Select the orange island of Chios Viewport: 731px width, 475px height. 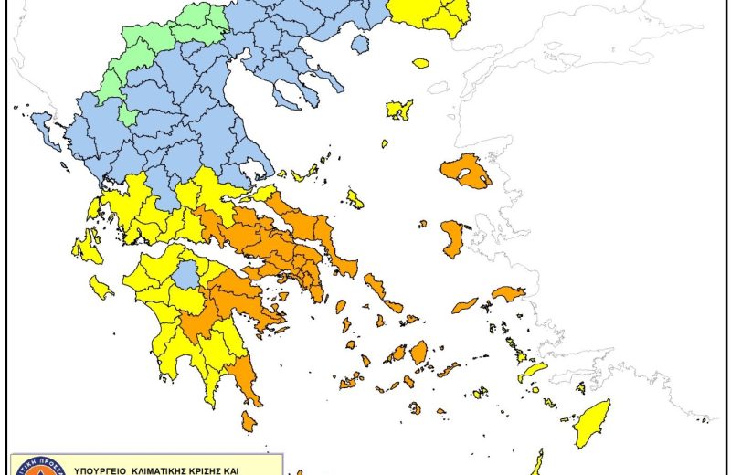(452, 238)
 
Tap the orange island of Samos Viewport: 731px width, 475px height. (509, 293)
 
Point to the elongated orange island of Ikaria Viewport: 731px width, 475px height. (465, 304)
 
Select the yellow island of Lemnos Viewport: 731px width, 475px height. (399, 110)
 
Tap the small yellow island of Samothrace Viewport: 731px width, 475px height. (420, 63)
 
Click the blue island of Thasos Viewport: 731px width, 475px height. (360, 42)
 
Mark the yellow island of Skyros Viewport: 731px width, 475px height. (355, 199)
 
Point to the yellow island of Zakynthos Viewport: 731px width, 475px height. (101, 289)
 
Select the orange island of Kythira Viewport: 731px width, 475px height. (249, 421)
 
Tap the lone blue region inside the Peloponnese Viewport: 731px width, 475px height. (186, 274)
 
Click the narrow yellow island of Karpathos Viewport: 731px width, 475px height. (537, 462)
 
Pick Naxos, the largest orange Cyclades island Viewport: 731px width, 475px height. (418, 352)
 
